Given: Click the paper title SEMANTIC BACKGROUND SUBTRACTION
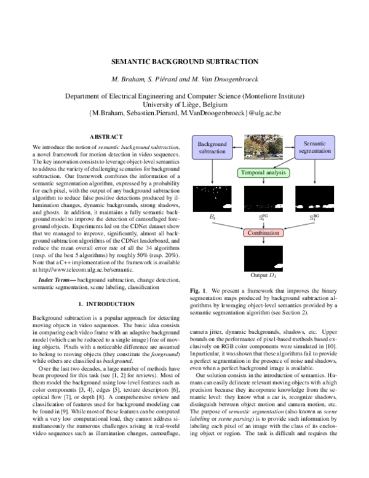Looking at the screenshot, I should [184, 62].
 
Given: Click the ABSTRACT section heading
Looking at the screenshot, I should [106, 136].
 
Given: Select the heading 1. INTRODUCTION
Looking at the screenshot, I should [106, 304].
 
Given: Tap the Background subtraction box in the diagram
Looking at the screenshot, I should [212, 147].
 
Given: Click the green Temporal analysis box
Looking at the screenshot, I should [263, 173].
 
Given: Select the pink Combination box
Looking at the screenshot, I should [263, 233].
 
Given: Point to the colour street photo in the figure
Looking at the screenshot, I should [263, 148].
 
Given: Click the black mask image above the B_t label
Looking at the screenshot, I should [211, 198].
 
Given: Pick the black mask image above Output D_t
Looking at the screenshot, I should [263, 258].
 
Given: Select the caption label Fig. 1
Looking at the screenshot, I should [197, 290].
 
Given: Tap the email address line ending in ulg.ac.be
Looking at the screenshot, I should [184, 114].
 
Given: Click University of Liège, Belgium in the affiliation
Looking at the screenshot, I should [184, 105].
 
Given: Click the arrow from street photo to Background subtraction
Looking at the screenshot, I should [237, 147].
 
